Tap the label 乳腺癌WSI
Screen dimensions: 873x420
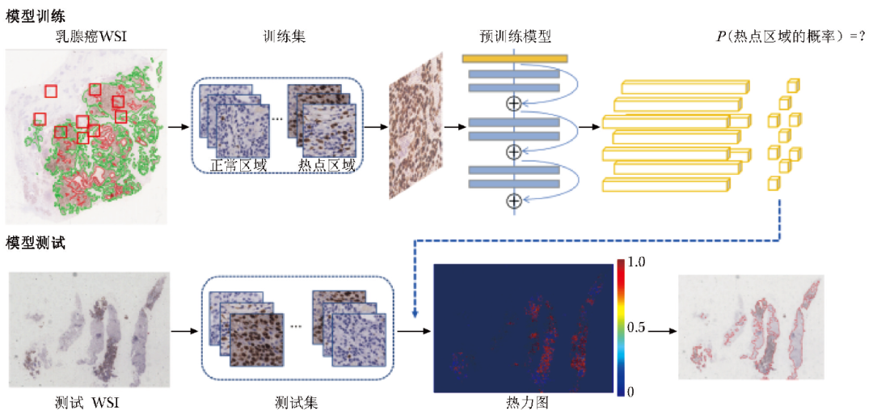pyautogui.click(x=86, y=36)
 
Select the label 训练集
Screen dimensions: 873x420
pyautogui.click(x=282, y=36)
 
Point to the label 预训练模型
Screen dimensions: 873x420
pyautogui.click(x=515, y=36)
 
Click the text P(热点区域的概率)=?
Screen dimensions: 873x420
pyautogui.click(x=785, y=36)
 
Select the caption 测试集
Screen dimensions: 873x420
pyautogui.click(x=295, y=402)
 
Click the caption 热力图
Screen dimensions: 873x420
pyautogui.click(x=531, y=402)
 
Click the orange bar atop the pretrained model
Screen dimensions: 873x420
pyautogui.click(x=515, y=58)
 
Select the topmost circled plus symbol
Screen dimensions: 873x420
pyautogui.click(x=512, y=103)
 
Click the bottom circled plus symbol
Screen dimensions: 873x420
pyautogui.click(x=512, y=201)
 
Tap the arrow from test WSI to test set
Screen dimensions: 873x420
pyautogui.click(x=183, y=331)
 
